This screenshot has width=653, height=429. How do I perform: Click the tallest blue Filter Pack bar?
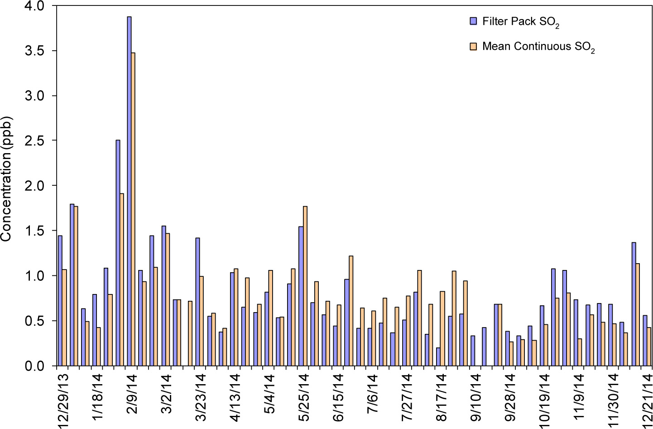[129, 190]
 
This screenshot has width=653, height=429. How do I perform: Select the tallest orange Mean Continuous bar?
[133, 208]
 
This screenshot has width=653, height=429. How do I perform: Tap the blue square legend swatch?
[474, 21]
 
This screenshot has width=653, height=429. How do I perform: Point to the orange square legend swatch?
[474, 46]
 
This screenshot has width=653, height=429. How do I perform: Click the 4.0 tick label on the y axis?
[35, 6]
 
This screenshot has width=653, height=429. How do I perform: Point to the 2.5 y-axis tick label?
[35, 141]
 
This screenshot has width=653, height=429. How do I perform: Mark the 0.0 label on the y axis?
[35, 366]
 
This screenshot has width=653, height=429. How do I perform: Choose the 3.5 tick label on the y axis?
[35, 51]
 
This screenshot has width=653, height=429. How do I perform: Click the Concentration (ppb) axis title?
[6, 179]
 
